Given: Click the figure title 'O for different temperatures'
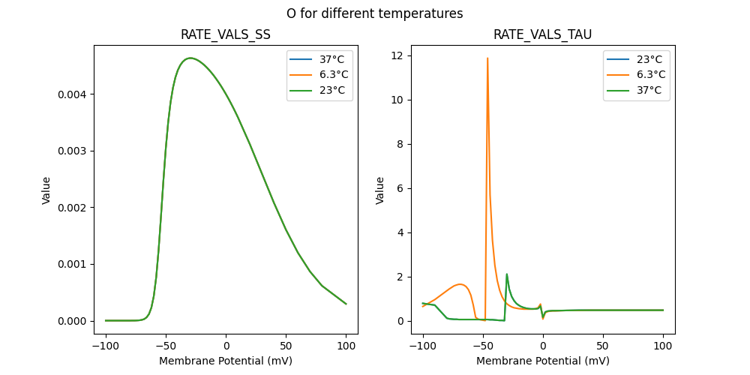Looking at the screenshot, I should click(x=374, y=13).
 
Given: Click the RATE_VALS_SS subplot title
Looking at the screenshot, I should click(x=226, y=34).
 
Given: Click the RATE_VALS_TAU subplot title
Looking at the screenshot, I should click(x=542, y=34).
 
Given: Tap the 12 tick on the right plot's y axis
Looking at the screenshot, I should click(x=397, y=55).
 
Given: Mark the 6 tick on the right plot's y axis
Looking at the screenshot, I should click(x=400, y=188).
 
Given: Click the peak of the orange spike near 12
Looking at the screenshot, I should click(x=487, y=58).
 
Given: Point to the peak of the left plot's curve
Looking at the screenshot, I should click(x=190, y=58).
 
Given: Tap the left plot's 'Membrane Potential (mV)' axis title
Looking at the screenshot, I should click(x=226, y=361).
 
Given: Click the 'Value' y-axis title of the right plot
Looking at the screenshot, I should click(x=379, y=190).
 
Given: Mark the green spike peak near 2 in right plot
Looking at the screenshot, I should click(x=507, y=274).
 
